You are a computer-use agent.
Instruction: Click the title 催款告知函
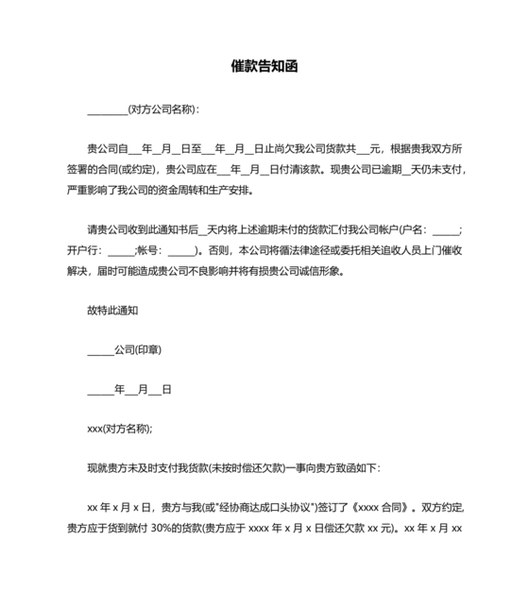[265, 67]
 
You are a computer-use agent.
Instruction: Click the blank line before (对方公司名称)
[107, 110]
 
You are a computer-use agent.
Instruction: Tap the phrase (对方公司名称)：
[163, 110]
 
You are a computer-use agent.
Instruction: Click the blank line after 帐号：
[179, 251]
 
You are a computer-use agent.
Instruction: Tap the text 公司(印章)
[138, 349]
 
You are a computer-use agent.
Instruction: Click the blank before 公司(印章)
[100, 350]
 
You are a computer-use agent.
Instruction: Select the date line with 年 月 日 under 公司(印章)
[128, 389]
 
